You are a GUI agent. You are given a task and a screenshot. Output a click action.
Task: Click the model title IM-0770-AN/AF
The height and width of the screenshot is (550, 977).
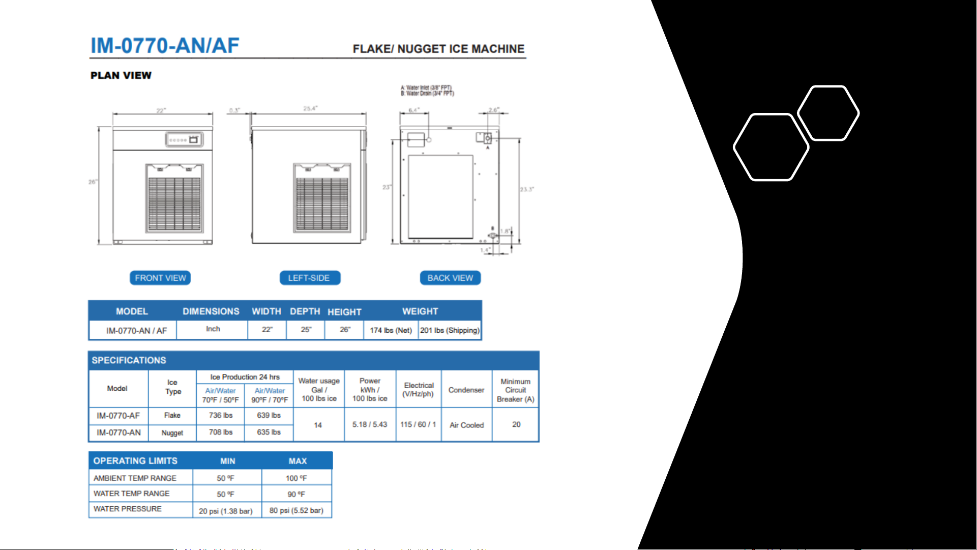[165, 46]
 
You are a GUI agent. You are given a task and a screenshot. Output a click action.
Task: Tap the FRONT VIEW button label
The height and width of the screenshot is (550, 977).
[160, 278]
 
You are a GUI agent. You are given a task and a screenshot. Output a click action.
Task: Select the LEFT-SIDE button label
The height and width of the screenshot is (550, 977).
[309, 278]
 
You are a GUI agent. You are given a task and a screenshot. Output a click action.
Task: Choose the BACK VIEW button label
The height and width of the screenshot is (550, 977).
[450, 278]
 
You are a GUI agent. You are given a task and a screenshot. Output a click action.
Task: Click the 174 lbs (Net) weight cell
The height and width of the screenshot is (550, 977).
[391, 330]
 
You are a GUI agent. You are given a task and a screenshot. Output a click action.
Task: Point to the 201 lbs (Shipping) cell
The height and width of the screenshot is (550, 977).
[450, 330]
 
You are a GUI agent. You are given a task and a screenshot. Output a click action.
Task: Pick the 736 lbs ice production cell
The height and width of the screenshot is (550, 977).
[221, 415]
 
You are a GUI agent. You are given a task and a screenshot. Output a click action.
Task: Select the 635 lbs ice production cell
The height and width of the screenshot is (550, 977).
[269, 432]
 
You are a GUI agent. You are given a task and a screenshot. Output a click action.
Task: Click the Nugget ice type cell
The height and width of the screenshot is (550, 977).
[172, 432]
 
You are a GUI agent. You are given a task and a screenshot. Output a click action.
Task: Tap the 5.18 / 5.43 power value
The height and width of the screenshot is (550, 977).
[370, 424]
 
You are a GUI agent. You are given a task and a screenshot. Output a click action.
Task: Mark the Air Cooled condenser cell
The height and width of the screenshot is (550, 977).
[466, 425]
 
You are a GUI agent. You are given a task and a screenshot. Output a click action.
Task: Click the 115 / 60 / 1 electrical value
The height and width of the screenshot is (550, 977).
[418, 424]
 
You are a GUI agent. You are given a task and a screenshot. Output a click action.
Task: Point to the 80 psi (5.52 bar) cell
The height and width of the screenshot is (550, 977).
[297, 510]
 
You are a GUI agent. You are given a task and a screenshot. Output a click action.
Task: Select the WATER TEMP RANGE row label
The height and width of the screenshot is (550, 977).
[132, 494]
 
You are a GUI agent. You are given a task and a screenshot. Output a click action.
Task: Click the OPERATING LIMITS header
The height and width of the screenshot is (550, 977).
[135, 461]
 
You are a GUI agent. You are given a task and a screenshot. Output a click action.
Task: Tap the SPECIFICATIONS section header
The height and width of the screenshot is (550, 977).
[129, 360]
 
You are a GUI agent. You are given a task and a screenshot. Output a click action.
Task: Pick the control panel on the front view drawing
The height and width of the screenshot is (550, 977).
[184, 139]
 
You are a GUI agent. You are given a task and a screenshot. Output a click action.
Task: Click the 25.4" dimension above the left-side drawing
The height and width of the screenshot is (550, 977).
[310, 108]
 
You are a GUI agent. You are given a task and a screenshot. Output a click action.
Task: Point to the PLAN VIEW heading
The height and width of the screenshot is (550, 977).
[121, 75]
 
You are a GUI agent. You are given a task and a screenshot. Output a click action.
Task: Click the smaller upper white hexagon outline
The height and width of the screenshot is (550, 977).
[828, 113]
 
